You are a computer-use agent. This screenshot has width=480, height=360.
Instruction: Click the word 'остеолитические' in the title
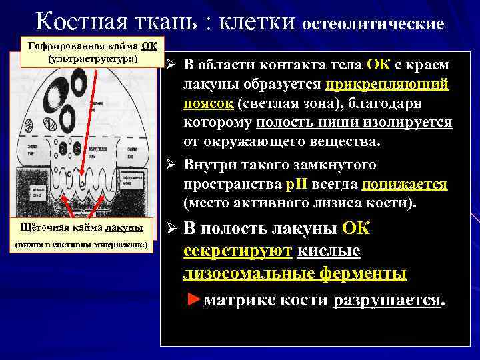pyautogui.click(x=374, y=24)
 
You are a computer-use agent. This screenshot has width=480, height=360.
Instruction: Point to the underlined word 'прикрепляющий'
pyautogui.click(x=387, y=85)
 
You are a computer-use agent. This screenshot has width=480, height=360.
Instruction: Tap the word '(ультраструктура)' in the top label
pyautogui.click(x=93, y=59)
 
